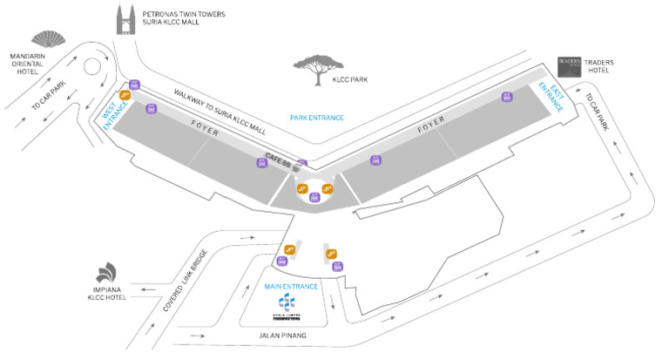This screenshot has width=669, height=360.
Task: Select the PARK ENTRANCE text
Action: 317,118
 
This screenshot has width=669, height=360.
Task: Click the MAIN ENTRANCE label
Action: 290,285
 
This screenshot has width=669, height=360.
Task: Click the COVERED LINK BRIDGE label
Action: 181,280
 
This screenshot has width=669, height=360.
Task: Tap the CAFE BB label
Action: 279,158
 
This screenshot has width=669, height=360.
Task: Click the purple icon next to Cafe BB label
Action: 303,163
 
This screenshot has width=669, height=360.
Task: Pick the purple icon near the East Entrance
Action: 505,96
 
